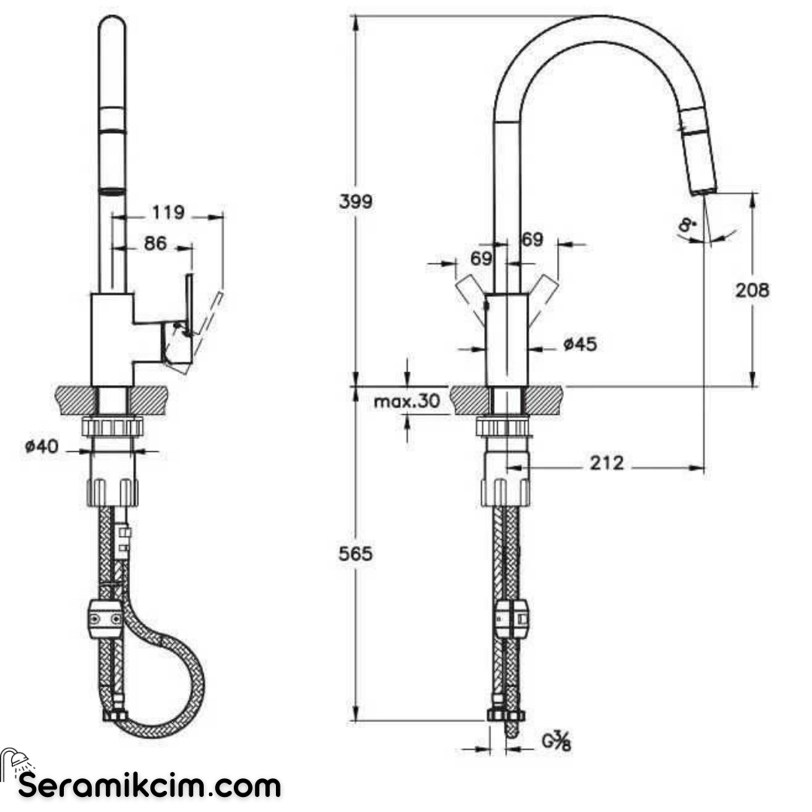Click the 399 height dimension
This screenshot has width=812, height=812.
(356, 201)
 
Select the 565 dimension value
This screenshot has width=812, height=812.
(356, 554)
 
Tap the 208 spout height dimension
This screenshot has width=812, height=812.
(752, 289)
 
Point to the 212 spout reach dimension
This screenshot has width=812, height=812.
(606, 464)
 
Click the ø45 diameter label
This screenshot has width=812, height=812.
(580, 344)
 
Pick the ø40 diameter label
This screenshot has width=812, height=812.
(41, 447)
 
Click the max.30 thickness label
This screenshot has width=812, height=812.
(406, 401)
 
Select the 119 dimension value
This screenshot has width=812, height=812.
(168, 213)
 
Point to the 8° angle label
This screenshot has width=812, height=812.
(686, 224)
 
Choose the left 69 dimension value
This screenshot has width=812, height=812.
(481, 259)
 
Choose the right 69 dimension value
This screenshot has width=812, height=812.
(532, 240)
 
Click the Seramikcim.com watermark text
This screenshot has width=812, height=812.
(150, 786)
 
